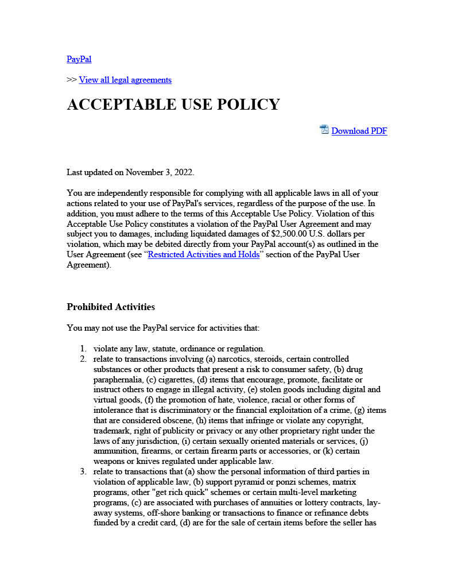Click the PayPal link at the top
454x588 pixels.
(79, 59)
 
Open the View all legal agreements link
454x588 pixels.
(125, 80)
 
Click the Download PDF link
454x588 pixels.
(359, 131)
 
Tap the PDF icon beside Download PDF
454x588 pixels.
(324, 130)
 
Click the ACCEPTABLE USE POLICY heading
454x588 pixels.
(173, 105)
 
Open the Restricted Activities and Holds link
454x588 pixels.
(204, 254)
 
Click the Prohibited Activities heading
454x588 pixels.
(111, 307)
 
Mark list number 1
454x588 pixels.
(83, 349)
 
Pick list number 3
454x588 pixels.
(83, 472)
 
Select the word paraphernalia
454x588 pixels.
(117, 380)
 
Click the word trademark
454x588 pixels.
(112, 431)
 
